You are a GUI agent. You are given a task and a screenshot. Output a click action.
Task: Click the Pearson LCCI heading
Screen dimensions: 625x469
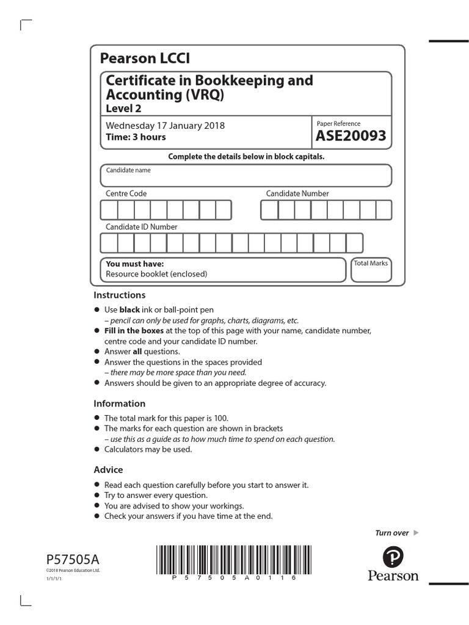(145, 59)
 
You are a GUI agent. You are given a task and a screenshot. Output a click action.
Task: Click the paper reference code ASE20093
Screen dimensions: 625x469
(351, 136)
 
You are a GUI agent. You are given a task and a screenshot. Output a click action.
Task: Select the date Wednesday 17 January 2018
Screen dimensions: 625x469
(165, 126)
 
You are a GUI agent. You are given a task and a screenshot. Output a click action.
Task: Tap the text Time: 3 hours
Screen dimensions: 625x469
(136, 137)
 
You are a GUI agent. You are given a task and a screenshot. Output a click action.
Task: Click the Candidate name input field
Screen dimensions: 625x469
(246, 178)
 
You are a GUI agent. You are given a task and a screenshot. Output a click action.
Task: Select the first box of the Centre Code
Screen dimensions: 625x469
(109, 210)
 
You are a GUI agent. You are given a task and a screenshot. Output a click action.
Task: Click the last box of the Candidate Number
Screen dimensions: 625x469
(384, 210)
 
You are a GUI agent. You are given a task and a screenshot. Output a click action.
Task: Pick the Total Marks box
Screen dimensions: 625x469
(371, 270)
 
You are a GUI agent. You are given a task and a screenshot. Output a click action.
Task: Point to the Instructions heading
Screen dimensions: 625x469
(120, 295)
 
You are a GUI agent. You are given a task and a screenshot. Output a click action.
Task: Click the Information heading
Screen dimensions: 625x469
(120, 403)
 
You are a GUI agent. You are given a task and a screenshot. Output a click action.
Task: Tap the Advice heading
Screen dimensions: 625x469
(108, 469)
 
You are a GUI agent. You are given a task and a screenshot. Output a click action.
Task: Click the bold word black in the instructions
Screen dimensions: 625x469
(129, 309)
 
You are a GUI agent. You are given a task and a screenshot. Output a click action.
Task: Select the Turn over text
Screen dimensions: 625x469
(391, 533)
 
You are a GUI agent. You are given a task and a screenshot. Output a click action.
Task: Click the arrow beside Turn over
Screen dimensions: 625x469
(416, 533)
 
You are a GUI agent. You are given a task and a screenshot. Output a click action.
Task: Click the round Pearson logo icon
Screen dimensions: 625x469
(393, 558)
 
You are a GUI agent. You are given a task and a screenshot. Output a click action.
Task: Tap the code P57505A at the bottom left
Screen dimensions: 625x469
(70, 558)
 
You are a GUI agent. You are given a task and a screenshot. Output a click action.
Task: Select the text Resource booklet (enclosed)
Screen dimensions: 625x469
(156, 274)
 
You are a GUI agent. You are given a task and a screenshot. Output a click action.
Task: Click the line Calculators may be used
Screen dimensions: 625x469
(148, 449)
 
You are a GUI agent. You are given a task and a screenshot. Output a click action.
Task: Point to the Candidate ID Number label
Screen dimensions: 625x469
(142, 226)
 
